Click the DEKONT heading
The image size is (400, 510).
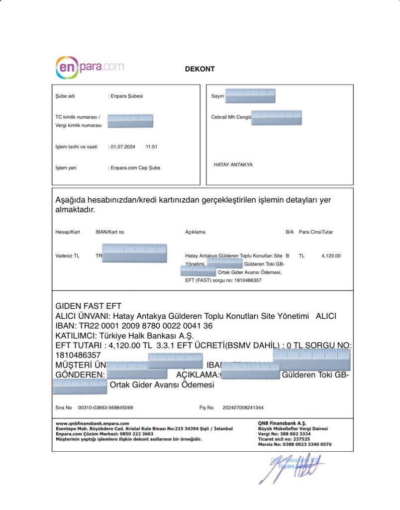(x=200, y=69)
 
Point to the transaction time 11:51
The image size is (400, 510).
(x=151, y=147)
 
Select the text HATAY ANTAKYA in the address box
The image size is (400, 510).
(x=233, y=164)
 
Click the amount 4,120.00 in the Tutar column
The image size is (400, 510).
(x=331, y=255)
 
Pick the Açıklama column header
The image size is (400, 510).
(x=195, y=232)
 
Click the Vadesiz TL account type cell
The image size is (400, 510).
(x=67, y=255)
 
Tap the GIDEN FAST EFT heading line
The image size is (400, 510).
(x=88, y=306)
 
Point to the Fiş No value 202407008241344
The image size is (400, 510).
(x=243, y=407)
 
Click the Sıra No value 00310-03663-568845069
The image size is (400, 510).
(x=105, y=407)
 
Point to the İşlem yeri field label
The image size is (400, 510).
(x=66, y=168)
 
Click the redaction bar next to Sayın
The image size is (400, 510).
(x=250, y=96)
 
